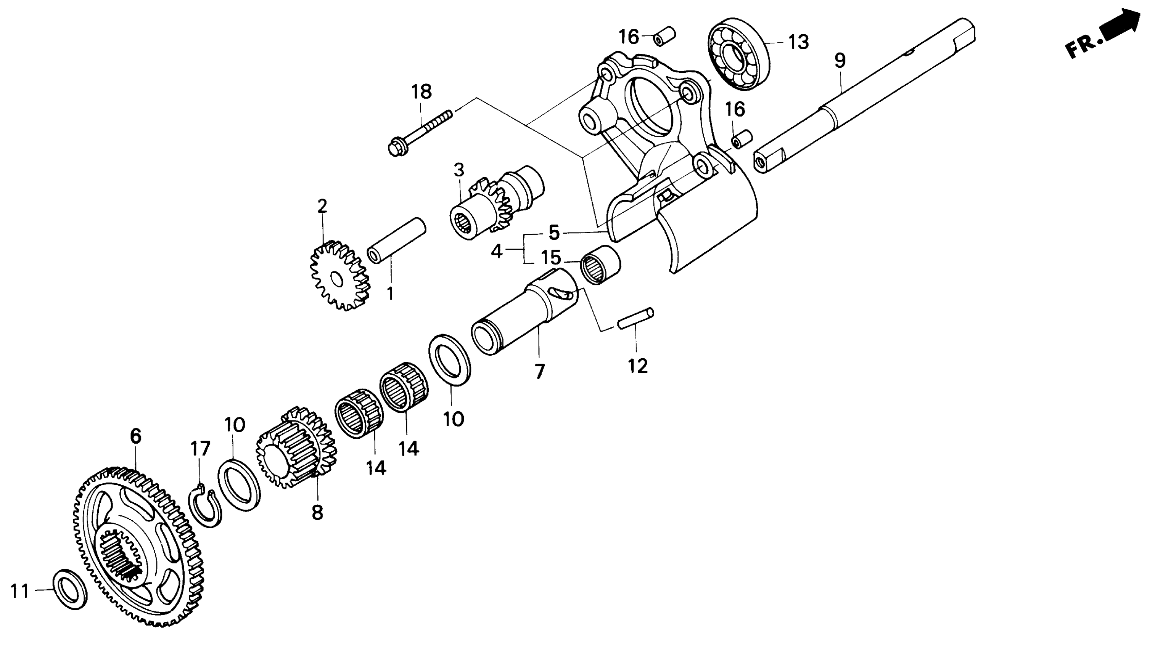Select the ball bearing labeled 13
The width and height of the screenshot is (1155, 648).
tap(738, 54)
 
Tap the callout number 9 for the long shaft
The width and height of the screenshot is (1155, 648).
tap(840, 60)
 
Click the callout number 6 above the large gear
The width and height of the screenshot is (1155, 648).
tap(135, 436)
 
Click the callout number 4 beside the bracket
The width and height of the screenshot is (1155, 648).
tap(496, 252)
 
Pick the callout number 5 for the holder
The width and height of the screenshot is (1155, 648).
tap(554, 233)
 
